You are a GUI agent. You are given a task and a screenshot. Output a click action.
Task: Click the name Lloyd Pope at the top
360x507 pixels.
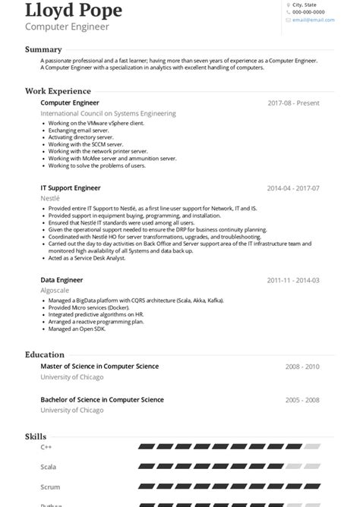(x=73, y=11)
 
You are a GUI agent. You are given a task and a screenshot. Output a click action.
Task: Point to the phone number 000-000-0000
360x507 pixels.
(x=308, y=12)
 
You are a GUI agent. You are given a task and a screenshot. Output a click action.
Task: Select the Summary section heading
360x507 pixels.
(x=43, y=49)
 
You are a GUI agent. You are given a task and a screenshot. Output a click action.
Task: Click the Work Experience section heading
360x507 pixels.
(x=58, y=91)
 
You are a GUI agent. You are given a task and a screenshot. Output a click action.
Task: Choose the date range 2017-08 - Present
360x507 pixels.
(x=293, y=103)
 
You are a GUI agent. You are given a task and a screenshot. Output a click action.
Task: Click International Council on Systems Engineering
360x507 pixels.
(x=108, y=114)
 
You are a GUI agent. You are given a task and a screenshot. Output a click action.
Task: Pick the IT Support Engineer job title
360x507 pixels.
(x=71, y=187)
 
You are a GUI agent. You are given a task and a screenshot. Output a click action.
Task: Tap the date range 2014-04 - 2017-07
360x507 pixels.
(x=293, y=188)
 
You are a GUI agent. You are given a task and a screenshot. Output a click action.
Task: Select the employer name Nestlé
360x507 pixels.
(x=50, y=198)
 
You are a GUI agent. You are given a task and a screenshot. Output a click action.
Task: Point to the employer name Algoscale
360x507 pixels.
(x=55, y=291)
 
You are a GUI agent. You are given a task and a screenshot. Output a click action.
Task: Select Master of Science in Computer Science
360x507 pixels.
(x=99, y=367)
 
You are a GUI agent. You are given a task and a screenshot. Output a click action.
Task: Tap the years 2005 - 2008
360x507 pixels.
(x=302, y=400)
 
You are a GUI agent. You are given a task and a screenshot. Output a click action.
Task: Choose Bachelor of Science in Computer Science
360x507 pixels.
(x=102, y=399)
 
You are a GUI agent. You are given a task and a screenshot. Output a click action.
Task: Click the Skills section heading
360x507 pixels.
(x=36, y=436)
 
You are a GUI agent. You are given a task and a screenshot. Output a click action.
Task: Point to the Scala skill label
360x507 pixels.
(x=48, y=467)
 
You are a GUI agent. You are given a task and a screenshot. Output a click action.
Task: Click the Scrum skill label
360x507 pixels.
(x=49, y=487)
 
